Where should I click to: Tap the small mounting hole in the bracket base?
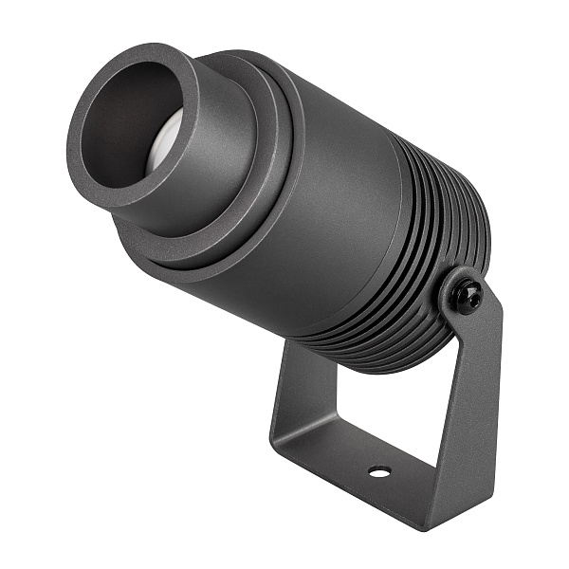click(379, 471)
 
